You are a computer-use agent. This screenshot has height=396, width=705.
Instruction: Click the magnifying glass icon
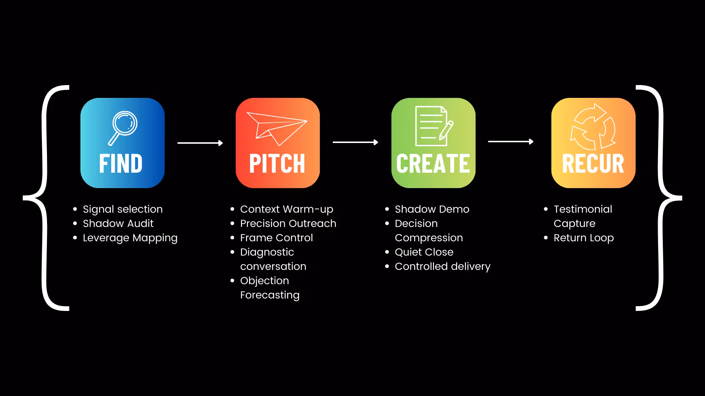[123, 127]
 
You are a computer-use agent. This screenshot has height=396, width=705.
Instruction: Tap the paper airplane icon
[277, 128]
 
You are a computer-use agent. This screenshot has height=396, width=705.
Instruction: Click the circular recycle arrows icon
[593, 127]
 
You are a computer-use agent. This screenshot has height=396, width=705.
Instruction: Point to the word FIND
[121, 164]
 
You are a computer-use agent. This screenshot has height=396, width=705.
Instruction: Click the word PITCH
[277, 164]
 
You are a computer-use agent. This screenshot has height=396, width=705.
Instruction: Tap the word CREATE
[433, 164]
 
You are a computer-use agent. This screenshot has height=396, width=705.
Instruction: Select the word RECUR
[593, 164]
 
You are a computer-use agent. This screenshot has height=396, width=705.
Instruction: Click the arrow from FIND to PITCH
[200, 143]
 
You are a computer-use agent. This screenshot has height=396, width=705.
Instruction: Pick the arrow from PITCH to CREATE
[355, 142]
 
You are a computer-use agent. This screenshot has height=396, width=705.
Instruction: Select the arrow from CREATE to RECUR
[511, 142]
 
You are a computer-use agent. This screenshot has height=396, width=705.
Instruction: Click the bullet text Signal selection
[123, 209]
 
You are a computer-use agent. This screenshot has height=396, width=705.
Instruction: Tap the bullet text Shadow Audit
[118, 224]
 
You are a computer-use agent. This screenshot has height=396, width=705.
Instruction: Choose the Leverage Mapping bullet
[130, 238]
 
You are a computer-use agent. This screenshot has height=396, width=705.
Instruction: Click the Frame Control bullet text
[276, 238]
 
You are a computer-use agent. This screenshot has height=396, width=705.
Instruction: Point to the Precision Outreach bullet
[288, 224]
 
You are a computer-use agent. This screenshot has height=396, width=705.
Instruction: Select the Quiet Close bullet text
[424, 252]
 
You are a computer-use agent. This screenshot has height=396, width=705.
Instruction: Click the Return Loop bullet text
[584, 238]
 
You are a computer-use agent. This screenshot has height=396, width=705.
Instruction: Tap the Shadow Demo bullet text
[432, 209]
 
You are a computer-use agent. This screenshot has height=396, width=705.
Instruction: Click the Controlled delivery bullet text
[442, 267]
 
